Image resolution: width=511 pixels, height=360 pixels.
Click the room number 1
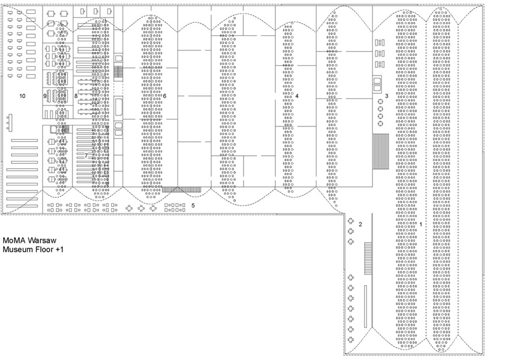421,225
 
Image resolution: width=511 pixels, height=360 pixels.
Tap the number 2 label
360,225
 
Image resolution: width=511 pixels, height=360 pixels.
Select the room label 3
387,96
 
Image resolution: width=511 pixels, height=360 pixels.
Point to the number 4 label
297,96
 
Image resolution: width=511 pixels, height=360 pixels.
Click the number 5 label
193,206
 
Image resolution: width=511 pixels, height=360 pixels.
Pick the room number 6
164,96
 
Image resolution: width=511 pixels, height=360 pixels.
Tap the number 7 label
86,155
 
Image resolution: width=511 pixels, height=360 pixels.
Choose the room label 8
76,96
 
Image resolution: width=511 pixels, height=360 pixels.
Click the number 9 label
45,96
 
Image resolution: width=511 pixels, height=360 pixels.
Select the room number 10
23,96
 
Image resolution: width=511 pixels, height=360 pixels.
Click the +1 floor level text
60,250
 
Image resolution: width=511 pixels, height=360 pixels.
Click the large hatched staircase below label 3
381,151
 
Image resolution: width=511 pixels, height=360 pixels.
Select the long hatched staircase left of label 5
182,189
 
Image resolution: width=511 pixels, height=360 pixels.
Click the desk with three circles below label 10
9,123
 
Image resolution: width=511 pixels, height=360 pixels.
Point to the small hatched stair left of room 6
119,71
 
